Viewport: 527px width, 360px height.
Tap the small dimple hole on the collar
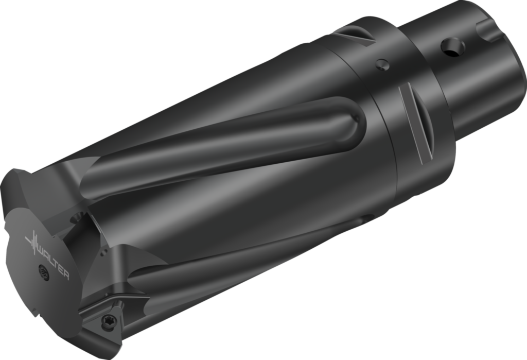pyautogui.click(x=381, y=64)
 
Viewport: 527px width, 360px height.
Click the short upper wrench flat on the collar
pyautogui.click(x=355, y=36)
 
